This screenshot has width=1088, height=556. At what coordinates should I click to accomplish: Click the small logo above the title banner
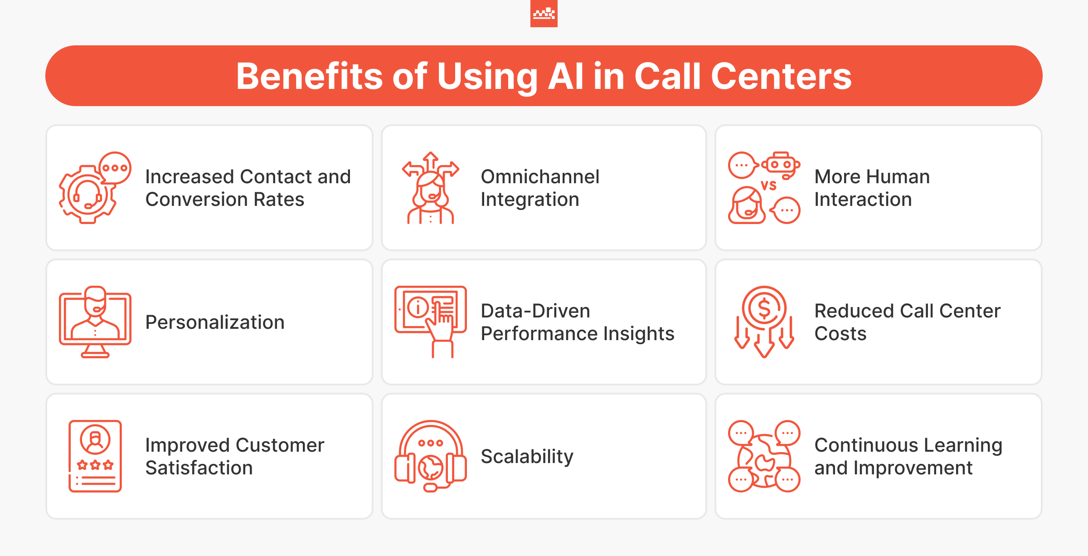point(544,14)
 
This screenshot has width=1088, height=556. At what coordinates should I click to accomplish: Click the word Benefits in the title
point(309,76)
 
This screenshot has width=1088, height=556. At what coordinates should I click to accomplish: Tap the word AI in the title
point(566,76)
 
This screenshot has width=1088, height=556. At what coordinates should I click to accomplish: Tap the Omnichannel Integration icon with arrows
point(431,188)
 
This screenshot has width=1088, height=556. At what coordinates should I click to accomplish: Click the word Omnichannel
point(540,176)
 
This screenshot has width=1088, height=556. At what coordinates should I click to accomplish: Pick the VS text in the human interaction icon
point(769,185)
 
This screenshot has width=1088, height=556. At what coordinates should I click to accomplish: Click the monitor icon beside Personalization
point(95,322)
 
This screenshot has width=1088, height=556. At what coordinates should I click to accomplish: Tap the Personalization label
point(215,322)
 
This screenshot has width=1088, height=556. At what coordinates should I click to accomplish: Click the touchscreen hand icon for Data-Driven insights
point(431,322)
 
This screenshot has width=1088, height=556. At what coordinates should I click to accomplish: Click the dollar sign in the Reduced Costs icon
point(764,308)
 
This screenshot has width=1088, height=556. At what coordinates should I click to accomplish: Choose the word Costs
point(840,333)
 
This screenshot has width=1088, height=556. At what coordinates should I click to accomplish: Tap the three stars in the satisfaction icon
point(95,464)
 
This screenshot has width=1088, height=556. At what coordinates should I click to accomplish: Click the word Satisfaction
point(199,468)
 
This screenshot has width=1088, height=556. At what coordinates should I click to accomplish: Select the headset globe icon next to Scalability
point(431,456)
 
